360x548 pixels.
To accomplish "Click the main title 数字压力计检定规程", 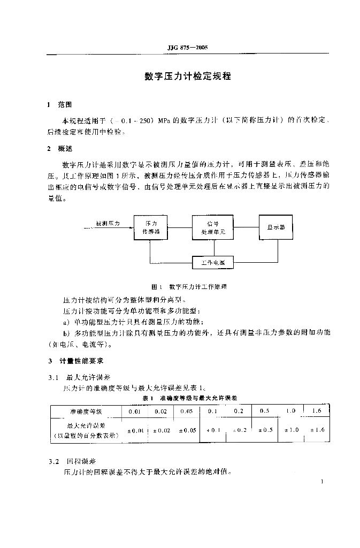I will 188,77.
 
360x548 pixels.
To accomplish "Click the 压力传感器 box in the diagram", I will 150,227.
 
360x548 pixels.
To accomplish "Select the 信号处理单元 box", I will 213,227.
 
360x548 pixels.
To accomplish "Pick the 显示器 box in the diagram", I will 276,227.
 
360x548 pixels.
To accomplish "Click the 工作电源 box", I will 212,263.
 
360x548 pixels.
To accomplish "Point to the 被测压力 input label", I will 108,223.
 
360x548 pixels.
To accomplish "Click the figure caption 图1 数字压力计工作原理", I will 189,287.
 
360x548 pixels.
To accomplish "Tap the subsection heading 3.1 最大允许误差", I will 78,377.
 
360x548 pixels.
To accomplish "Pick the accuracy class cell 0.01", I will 134,412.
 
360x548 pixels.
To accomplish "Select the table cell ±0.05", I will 186,430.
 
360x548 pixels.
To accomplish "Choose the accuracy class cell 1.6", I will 317,411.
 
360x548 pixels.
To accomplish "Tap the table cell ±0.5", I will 265,430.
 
